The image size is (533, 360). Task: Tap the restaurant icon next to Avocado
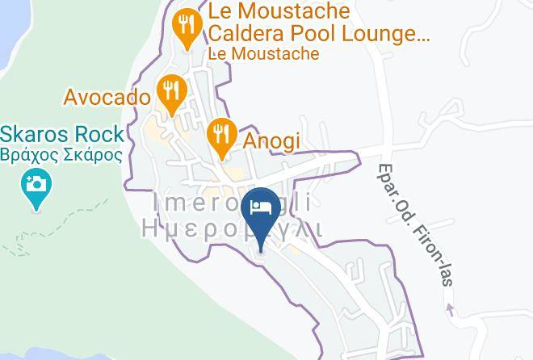(170, 92)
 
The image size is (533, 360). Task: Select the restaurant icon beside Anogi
(220, 135)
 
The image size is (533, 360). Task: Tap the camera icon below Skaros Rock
(36, 186)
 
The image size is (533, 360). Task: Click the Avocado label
(107, 98)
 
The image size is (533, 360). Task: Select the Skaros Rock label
(62, 134)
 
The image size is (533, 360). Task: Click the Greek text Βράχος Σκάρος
(61, 154)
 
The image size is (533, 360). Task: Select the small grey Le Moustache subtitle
(263, 54)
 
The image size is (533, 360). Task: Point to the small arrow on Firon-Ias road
(450, 310)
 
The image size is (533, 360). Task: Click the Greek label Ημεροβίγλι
(232, 228)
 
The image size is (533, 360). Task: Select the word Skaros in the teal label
(35, 134)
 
